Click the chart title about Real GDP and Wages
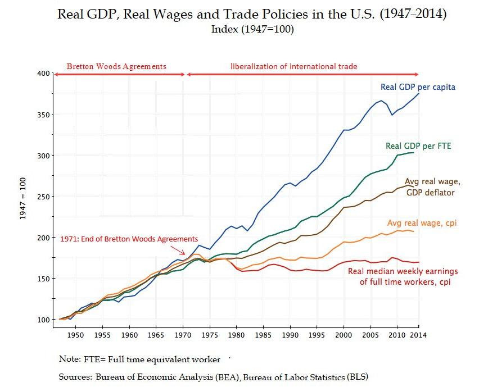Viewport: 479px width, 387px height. pos(252,15)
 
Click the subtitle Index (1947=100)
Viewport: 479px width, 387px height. pos(252,29)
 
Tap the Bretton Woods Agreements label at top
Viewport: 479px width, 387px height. pos(116,66)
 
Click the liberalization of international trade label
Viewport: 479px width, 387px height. pos(294,66)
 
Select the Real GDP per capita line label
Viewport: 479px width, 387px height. pos(418,87)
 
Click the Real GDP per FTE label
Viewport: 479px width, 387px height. pos(418,146)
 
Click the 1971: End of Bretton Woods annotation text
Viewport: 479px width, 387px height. pos(129,239)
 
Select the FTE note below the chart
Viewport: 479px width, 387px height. pos(139,358)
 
